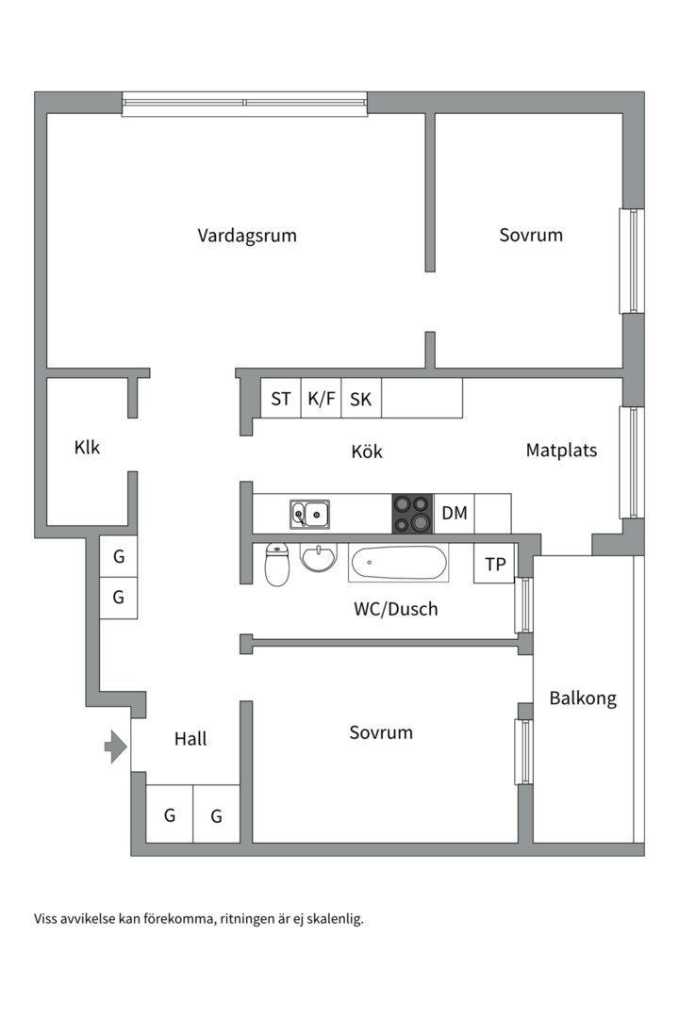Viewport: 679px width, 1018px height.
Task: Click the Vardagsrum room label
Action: pos(247,236)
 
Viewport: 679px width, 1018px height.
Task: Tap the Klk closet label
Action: pos(87,448)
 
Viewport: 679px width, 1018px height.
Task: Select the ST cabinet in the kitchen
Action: pos(281,399)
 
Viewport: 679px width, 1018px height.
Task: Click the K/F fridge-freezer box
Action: pos(321,399)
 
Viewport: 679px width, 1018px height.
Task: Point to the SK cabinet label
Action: pos(360,399)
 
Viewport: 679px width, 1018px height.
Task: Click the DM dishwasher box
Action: pos(455,514)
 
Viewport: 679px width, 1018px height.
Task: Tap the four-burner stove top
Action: pos(412,514)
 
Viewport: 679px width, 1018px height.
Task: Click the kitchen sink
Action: pos(309,515)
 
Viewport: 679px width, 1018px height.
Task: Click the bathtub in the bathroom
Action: pos(398,565)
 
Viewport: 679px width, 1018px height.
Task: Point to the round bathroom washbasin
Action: pos(320,558)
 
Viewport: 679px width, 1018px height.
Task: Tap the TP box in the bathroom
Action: pos(494,565)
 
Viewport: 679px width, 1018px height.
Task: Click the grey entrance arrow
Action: pos(115,747)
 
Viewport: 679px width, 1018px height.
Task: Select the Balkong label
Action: pos(583,698)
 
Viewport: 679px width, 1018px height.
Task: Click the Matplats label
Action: pos(561,451)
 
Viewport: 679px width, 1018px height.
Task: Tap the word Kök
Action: pos(367,452)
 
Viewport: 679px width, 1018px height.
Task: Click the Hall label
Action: pos(190,739)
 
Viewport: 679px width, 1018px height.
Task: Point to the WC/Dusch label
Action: pos(396,609)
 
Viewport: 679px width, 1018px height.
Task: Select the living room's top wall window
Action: pos(244,103)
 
